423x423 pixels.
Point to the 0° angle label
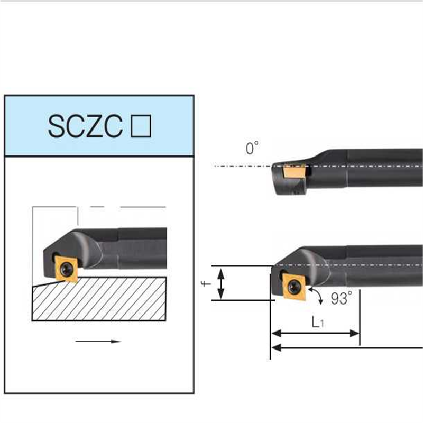click(x=252, y=149)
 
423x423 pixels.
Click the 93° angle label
click(x=341, y=299)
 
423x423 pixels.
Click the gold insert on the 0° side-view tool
click(x=292, y=172)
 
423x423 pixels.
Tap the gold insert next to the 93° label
click(x=292, y=286)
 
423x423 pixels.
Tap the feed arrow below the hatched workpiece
click(x=98, y=342)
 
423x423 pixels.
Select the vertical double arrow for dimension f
click(x=221, y=283)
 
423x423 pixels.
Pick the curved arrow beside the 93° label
click(x=318, y=296)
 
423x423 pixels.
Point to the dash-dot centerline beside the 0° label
click(x=238, y=166)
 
